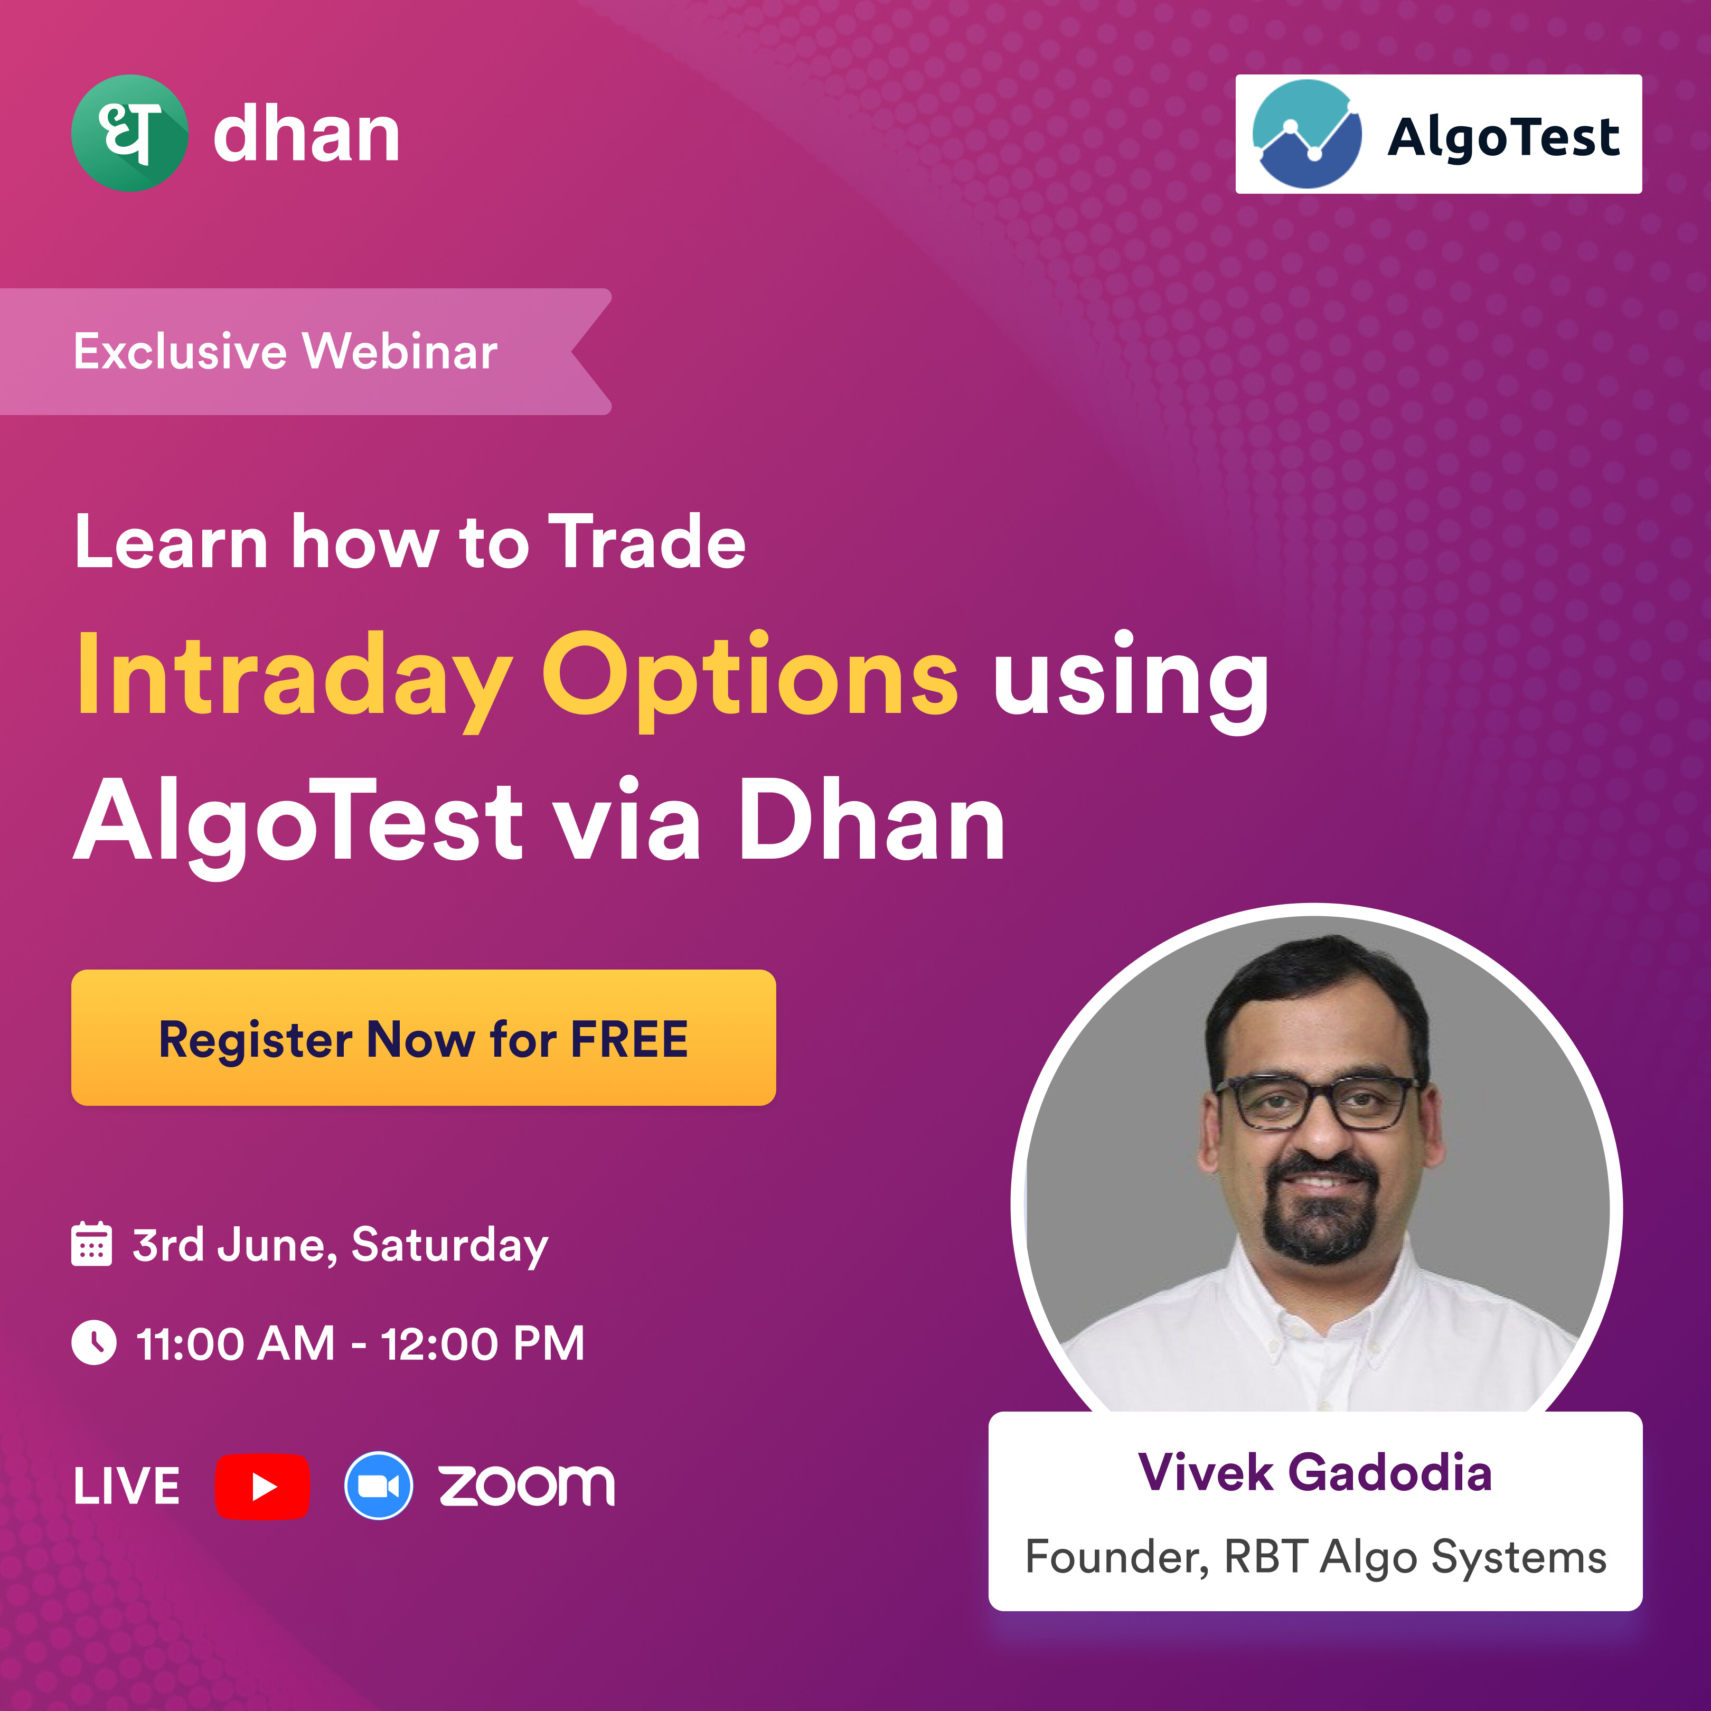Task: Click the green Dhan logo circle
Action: [129, 133]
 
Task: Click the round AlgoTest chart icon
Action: [1307, 134]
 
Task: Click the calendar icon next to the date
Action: [91, 1244]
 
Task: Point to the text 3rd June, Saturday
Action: [340, 1245]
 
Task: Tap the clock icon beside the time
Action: [93, 1342]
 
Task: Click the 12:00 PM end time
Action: [483, 1343]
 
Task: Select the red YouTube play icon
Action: [262, 1486]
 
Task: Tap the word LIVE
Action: [127, 1486]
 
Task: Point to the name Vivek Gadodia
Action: [1315, 1473]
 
